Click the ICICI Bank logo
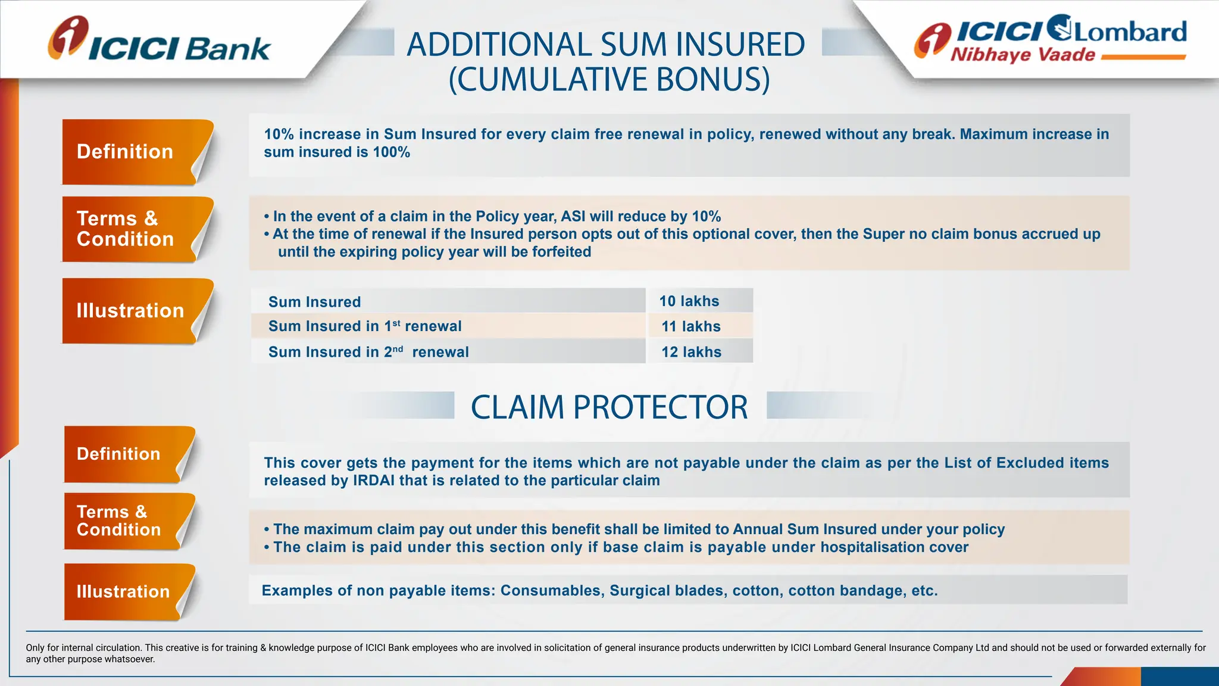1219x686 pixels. pyautogui.click(x=160, y=40)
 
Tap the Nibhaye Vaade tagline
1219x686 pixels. pyautogui.click(x=1023, y=55)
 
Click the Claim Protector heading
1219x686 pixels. pyautogui.click(x=609, y=407)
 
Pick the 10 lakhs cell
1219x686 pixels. pyautogui.click(x=689, y=301)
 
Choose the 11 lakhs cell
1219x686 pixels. pyautogui.click(x=691, y=326)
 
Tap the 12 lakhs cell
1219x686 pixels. pyautogui.click(x=691, y=352)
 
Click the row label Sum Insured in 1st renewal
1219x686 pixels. pyautogui.click(x=365, y=326)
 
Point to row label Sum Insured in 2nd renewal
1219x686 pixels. pyautogui.click(x=368, y=352)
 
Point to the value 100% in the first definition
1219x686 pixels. pyautogui.click(x=391, y=152)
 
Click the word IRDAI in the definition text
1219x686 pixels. pyautogui.click(x=373, y=481)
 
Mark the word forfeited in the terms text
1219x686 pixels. pyautogui.click(x=561, y=252)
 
